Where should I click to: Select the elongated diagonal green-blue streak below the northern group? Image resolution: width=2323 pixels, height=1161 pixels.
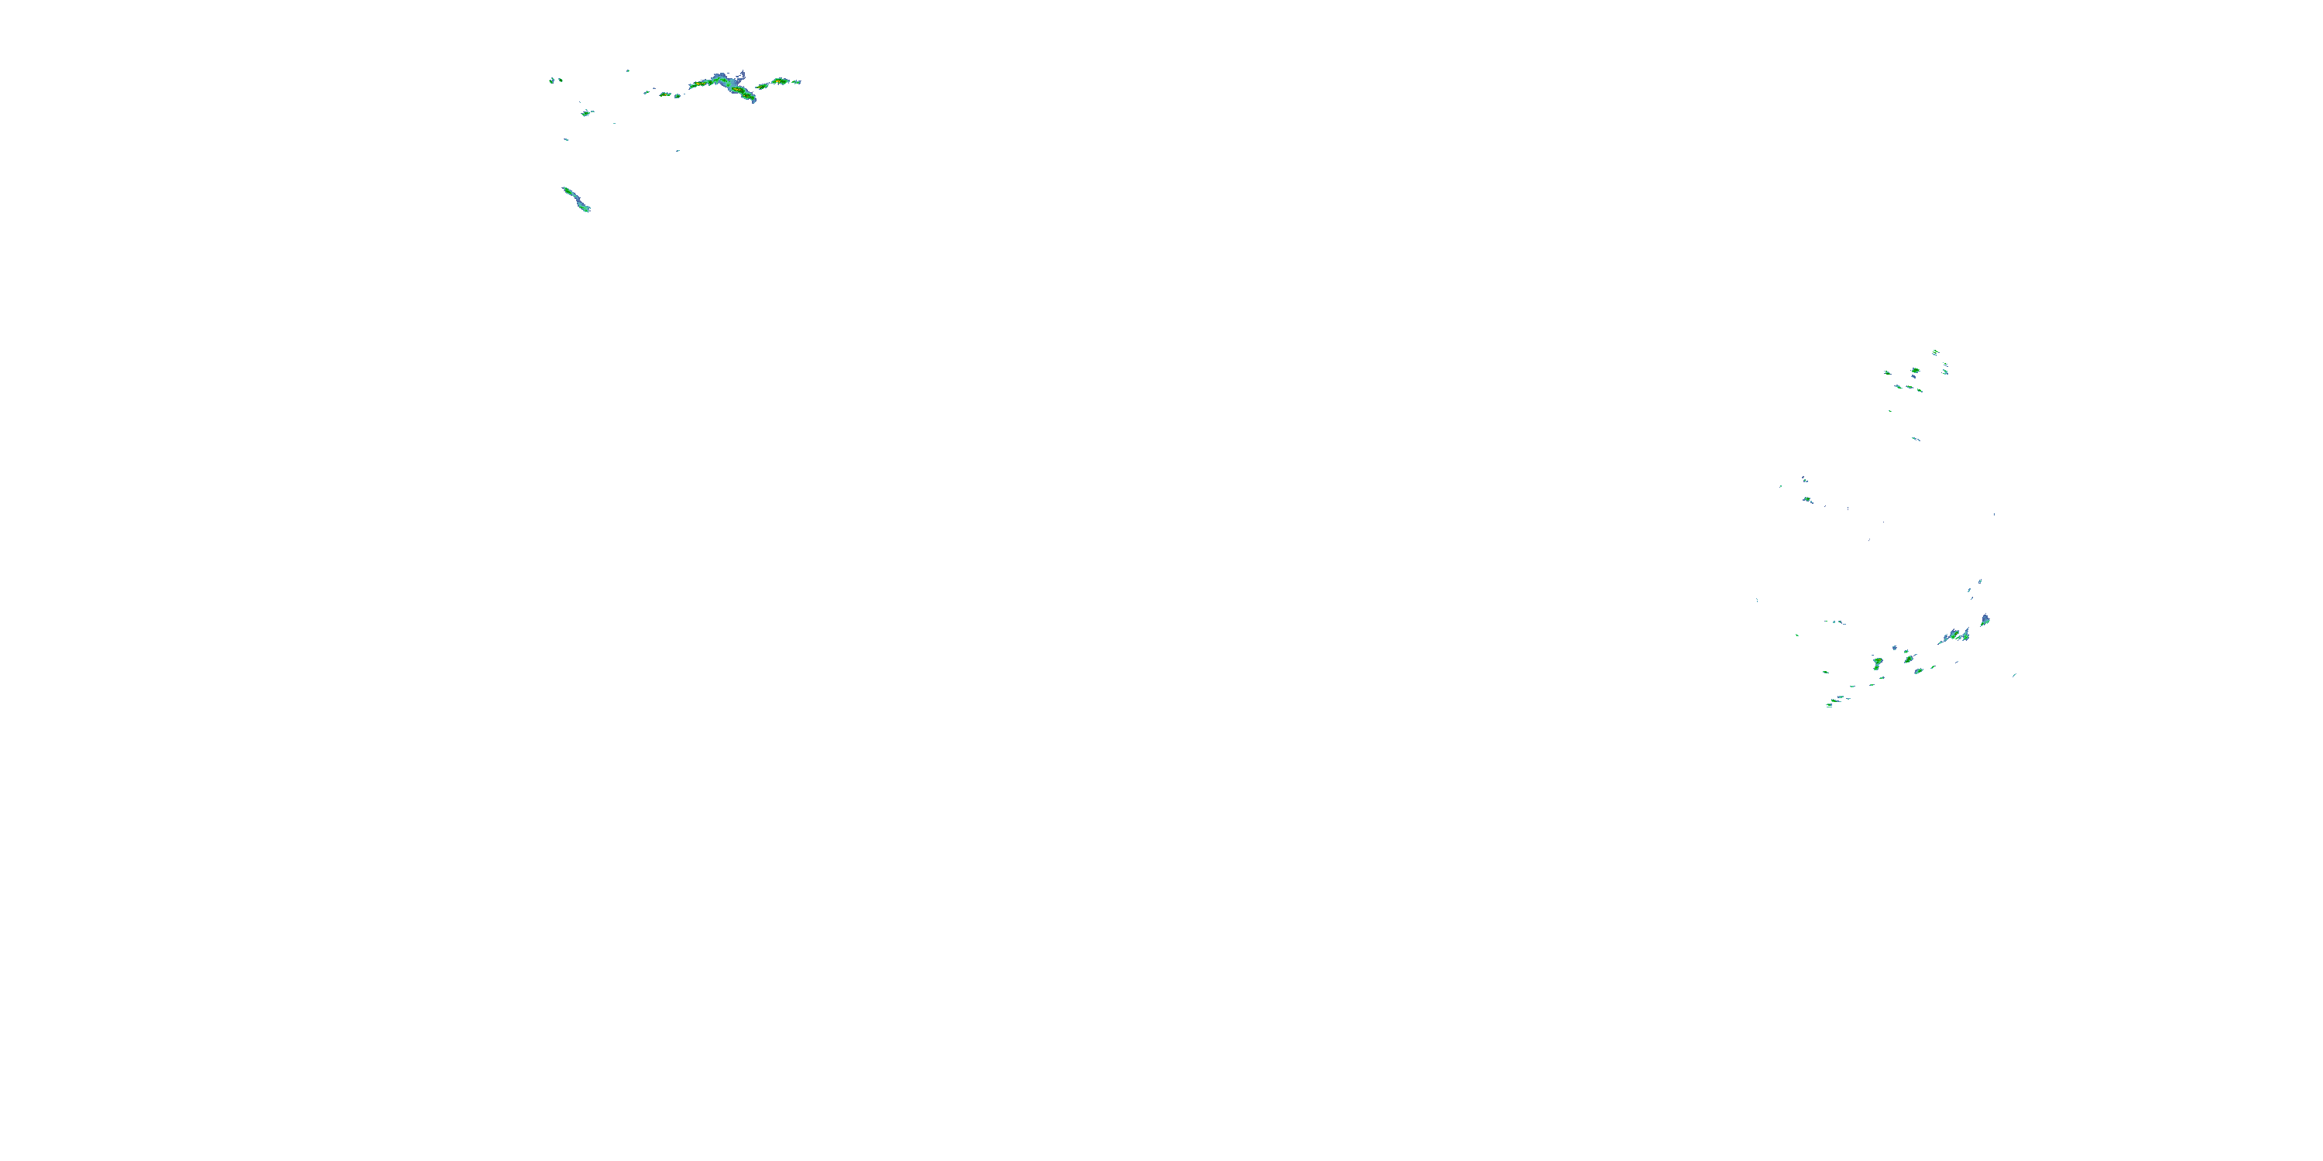tap(575, 198)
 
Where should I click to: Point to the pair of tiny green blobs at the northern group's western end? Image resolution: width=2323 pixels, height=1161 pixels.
tap(555, 80)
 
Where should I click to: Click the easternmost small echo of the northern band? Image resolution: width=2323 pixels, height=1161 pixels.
tap(796, 81)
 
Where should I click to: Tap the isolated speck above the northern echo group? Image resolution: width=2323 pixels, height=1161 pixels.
tap(628, 70)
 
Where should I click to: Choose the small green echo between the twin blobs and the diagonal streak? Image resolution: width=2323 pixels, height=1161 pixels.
tap(586, 113)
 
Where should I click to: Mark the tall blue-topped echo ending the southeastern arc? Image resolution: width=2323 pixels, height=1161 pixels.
tap(1985, 620)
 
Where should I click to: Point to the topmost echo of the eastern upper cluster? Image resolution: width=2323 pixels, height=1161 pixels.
tap(1935, 351)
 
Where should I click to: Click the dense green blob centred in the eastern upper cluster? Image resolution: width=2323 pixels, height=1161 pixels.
tap(1916, 371)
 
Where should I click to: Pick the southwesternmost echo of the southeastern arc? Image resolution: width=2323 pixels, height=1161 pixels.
tap(1829, 705)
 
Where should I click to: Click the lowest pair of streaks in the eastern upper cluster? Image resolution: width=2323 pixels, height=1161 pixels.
tap(1916, 439)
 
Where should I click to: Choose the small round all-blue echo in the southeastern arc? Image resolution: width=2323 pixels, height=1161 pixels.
tap(1894, 648)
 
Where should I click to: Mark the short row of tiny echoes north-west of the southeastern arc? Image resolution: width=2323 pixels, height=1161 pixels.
tap(1834, 622)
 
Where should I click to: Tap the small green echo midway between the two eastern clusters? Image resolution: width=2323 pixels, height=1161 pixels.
tap(1807, 499)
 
